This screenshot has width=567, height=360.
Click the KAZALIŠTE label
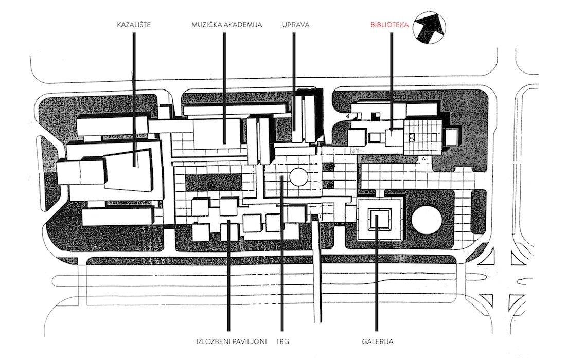134,25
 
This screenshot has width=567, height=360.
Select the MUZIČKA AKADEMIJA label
227,25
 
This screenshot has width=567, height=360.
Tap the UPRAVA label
296,25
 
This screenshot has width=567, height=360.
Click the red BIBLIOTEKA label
389,25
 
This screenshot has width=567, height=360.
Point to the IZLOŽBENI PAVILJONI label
232,341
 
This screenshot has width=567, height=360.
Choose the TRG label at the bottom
282,341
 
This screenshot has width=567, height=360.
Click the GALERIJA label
378,341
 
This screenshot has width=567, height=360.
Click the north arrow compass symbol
429,27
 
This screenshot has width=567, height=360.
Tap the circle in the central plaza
298,177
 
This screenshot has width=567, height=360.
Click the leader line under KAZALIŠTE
134,99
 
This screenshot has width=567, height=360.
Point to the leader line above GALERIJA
377,273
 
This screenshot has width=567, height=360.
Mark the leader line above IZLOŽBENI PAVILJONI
228,275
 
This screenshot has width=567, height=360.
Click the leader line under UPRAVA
294,81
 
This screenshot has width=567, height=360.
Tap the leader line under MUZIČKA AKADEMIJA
224,88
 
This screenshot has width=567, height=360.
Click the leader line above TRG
282,253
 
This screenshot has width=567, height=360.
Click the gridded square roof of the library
423,136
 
